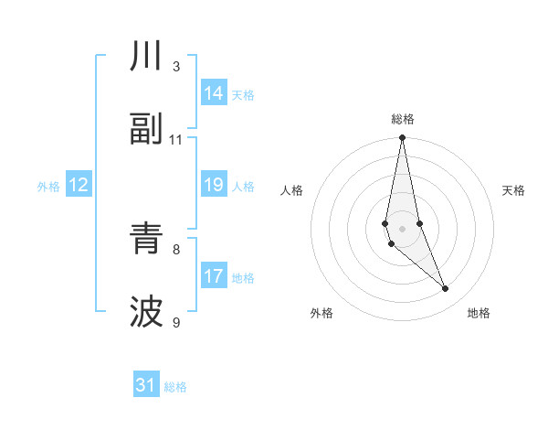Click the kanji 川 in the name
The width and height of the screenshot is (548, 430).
click(x=146, y=57)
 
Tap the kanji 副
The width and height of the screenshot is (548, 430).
click(x=146, y=130)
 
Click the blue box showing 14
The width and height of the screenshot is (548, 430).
click(x=214, y=93)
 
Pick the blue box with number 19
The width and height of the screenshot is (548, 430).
click(x=214, y=186)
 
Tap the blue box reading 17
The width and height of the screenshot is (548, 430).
click(x=214, y=276)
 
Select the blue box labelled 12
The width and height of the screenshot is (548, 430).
click(x=78, y=186)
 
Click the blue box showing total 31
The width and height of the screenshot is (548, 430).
click(x=146, y=385)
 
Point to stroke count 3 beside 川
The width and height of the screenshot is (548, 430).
click(x=176, y=67)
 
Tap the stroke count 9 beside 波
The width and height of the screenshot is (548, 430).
click(x=176, y=322)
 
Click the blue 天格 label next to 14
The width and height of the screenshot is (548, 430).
click(x=243, y=94)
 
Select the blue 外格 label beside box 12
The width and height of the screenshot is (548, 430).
click(x=48, y=187)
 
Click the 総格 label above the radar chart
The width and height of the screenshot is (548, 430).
click(x=403, y=119)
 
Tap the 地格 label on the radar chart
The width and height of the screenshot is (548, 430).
click(x=479, y=313)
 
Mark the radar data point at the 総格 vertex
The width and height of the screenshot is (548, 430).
click(x=403, y=138)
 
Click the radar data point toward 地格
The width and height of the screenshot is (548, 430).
click(x=446, y=289)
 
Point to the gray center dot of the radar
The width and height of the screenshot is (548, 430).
click(x=403, y=228)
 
